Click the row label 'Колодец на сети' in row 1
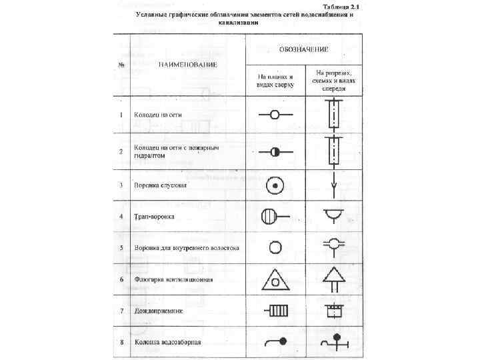[159, 115]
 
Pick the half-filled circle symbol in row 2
[273, 152]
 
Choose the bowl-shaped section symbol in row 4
[331, 215]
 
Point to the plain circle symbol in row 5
[273, 248]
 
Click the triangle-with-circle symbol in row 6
[274, 281]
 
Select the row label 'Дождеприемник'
[159, 311]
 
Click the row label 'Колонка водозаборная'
[167, 343]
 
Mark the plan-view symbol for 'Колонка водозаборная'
[275, 342]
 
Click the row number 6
[121, 279]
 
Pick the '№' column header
[121, 65]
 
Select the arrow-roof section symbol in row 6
[331, 278]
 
